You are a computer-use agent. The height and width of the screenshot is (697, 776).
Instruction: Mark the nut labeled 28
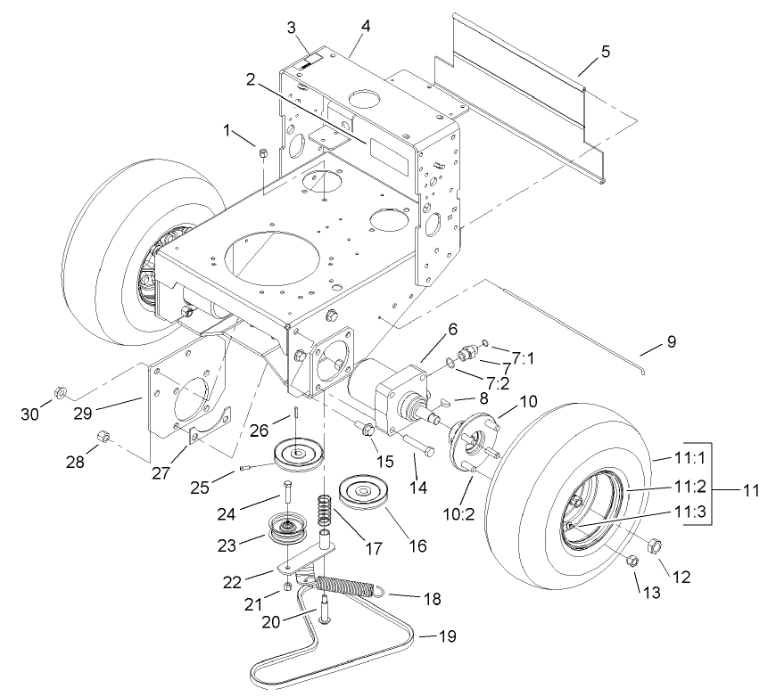(102, 437)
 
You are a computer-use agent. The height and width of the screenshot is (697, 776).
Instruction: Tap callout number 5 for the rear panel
(606, 51)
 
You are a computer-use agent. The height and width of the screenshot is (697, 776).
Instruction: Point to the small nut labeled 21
(287, 587)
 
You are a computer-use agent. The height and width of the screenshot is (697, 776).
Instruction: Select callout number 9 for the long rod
(671, 341)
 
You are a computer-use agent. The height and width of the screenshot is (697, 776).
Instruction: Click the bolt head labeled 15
(367, 430)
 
